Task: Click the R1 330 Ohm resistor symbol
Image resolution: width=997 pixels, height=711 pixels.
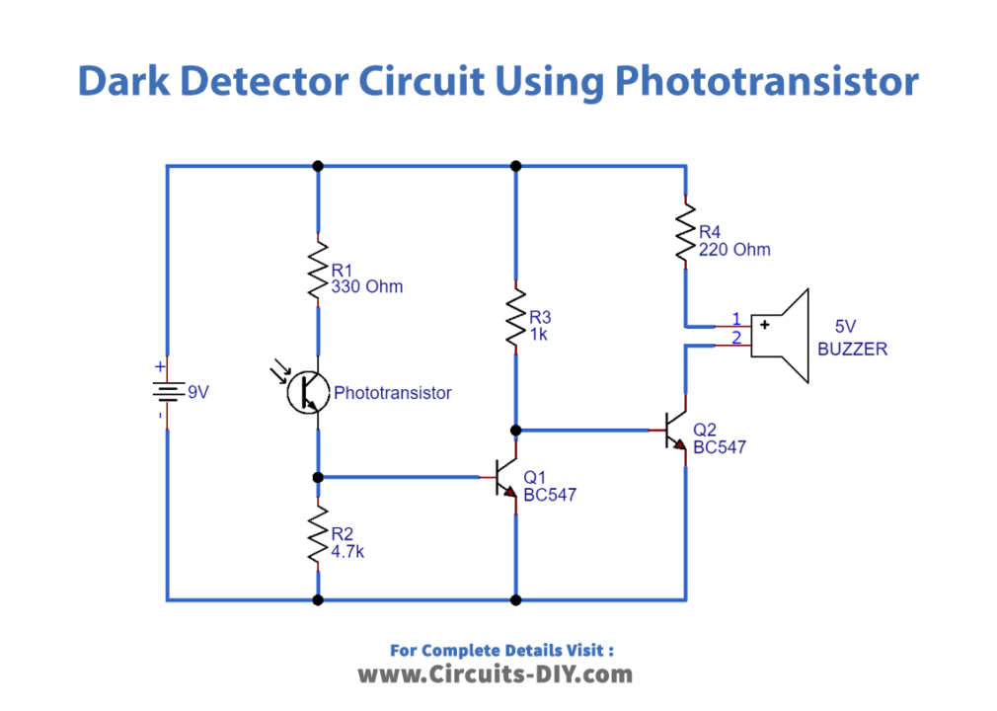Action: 318,273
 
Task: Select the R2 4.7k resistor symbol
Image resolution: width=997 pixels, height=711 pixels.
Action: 318,537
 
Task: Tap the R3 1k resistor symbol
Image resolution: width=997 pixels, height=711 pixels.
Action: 515,317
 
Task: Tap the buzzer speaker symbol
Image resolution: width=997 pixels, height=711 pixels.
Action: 781,336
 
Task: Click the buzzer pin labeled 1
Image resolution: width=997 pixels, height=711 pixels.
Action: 735,319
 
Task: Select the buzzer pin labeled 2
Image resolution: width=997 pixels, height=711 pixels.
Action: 735,340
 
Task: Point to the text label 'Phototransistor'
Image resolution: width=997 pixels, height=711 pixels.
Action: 393,393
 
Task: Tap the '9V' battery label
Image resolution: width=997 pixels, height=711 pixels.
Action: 198,393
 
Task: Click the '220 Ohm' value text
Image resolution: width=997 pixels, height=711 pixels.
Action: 734,250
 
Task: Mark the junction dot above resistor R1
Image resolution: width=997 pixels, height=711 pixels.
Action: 318,166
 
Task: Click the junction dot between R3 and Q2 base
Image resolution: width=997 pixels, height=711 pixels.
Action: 515,431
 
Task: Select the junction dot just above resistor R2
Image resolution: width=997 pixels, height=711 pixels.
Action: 318,478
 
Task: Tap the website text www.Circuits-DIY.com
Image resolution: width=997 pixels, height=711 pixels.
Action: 495,675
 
